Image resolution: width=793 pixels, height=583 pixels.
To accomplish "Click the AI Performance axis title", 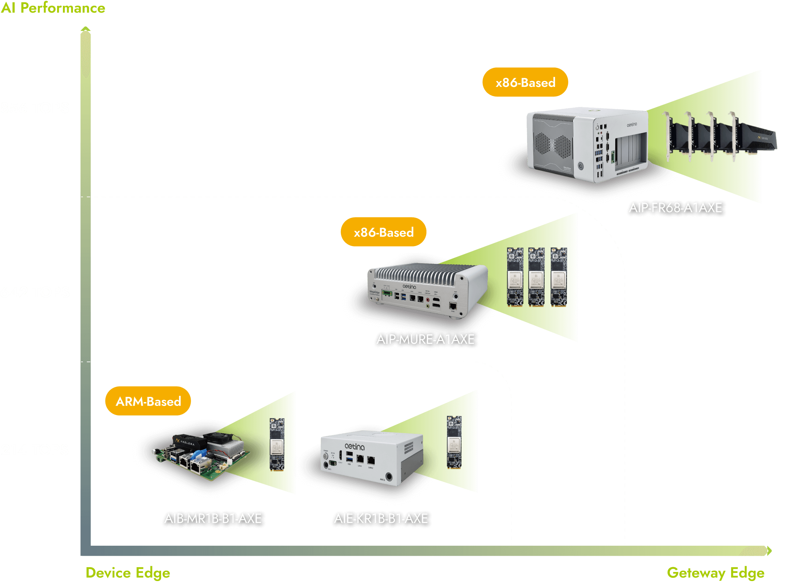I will click(53, 8).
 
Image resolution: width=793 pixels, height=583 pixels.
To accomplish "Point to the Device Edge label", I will click(128, 573).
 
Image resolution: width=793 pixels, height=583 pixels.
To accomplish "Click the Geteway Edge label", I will click(715, 573).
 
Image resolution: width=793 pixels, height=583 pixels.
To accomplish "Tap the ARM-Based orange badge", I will click(148, 401).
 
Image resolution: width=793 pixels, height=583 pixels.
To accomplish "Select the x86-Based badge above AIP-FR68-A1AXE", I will click(525, 83).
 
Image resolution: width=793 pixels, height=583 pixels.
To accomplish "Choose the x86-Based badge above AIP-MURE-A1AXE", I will click(384, 232).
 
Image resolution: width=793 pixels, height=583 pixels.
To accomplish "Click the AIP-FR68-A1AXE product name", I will click(675, 208).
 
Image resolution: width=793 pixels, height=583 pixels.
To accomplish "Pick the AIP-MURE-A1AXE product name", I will click(425, 339).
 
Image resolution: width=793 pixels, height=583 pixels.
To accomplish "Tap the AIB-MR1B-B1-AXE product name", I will click(213, 518).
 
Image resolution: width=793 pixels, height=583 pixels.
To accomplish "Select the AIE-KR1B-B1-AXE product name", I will click(381, 518).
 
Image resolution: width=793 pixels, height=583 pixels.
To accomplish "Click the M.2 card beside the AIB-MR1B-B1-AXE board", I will click(277, 444).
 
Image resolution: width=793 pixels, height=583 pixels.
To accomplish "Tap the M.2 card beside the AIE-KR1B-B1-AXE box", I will click(454, 442).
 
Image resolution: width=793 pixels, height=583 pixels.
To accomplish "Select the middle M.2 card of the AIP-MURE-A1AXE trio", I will click(536, 276).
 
